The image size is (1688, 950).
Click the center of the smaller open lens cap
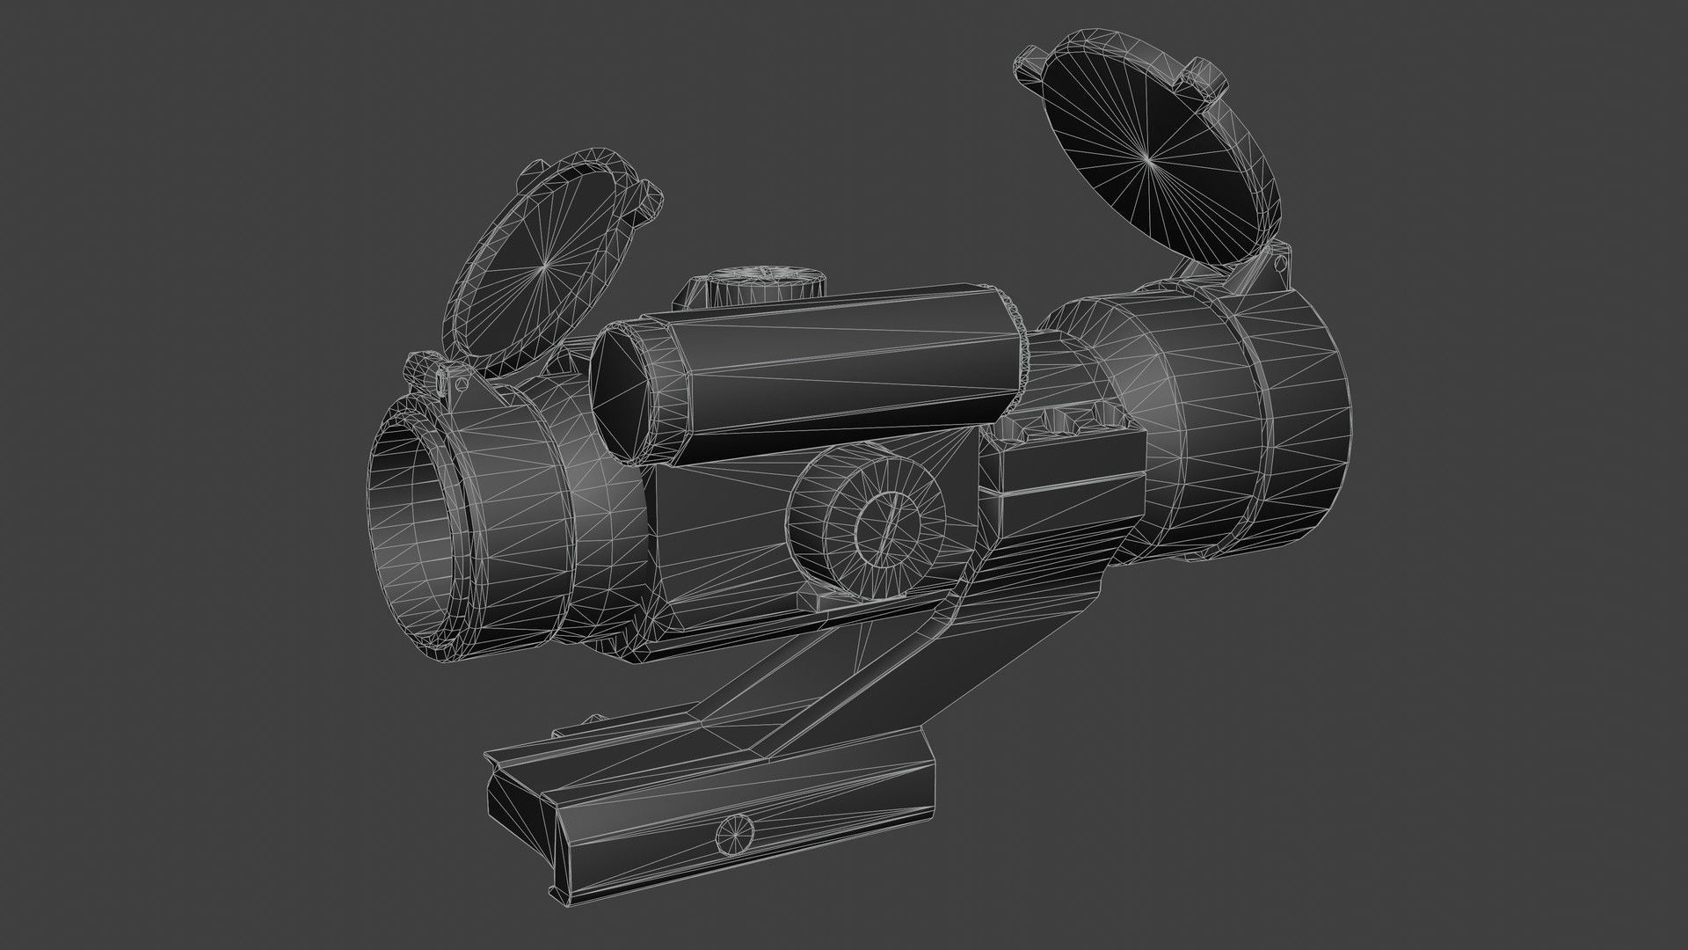[544, 264]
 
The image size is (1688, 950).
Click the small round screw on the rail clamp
[737, 835]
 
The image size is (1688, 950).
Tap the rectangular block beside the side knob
[1068, 493]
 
